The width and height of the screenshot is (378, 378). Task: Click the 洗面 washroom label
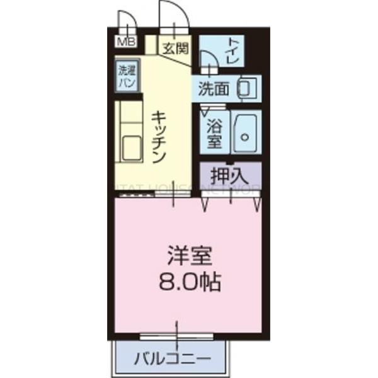(214, 89)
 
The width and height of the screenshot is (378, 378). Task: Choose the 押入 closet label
(230, 175)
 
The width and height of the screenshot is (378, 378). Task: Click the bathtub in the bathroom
(246, 132)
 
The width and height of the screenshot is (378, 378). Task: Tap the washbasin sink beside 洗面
(247, 89)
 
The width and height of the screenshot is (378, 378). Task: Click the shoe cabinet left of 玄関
(151, 46)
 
